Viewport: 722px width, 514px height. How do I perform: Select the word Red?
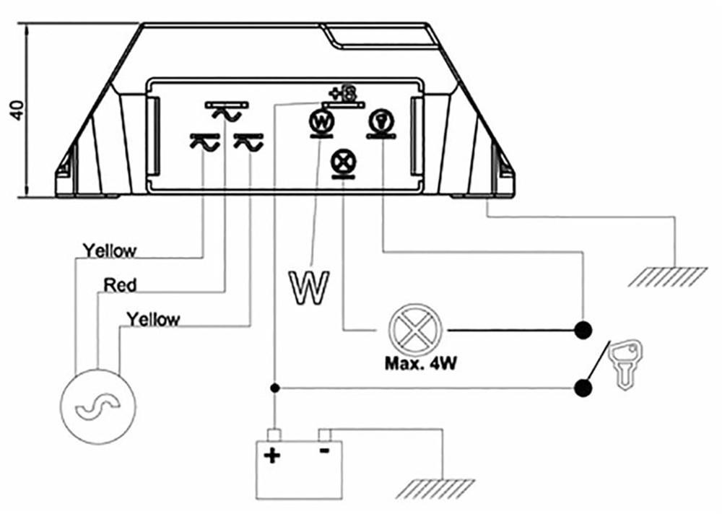pos(120,285)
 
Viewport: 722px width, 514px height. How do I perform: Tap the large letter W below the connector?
pos(310,288)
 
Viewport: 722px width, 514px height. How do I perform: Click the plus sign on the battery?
pos(271,456)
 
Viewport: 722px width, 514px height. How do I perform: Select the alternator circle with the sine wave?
pos(98,406)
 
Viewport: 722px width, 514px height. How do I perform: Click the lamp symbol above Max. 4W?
pos(415,330)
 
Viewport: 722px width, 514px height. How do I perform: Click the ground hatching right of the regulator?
pos(667,276)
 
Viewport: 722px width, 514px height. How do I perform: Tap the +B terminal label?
pos(342,95)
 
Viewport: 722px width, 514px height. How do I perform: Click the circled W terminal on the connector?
pos(321,121)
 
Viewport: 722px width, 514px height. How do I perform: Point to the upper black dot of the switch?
pos(584,330)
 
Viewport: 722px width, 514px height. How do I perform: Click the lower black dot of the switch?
pos(584,388)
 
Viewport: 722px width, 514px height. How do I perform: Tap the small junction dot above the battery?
pos(275,388)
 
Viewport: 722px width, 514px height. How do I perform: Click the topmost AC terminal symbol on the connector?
pos(227,111)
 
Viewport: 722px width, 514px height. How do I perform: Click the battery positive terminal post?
pos(274,435)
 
